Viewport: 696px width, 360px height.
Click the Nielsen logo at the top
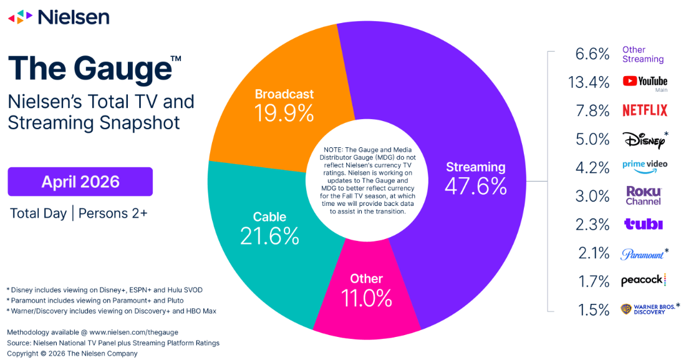coord(59,17)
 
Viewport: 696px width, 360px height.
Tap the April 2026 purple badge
coord(80,182)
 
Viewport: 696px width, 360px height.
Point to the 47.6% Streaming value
coord(476,187)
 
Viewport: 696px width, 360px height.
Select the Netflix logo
coord(645,110)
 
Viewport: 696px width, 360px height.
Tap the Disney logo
coord(645,139)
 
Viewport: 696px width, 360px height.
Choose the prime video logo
coord(644,167)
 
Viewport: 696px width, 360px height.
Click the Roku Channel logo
coord(644,196)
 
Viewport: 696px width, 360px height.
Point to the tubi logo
coord(644,224)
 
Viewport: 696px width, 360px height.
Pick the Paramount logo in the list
coord(644,254)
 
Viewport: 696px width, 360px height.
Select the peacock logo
coord(644,281)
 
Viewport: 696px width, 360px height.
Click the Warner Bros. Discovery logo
coord(650,309)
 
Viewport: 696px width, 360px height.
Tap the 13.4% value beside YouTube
coord(589,82)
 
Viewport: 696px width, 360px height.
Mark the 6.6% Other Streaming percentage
coord(592,54)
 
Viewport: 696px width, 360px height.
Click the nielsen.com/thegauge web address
coord(133,332)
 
